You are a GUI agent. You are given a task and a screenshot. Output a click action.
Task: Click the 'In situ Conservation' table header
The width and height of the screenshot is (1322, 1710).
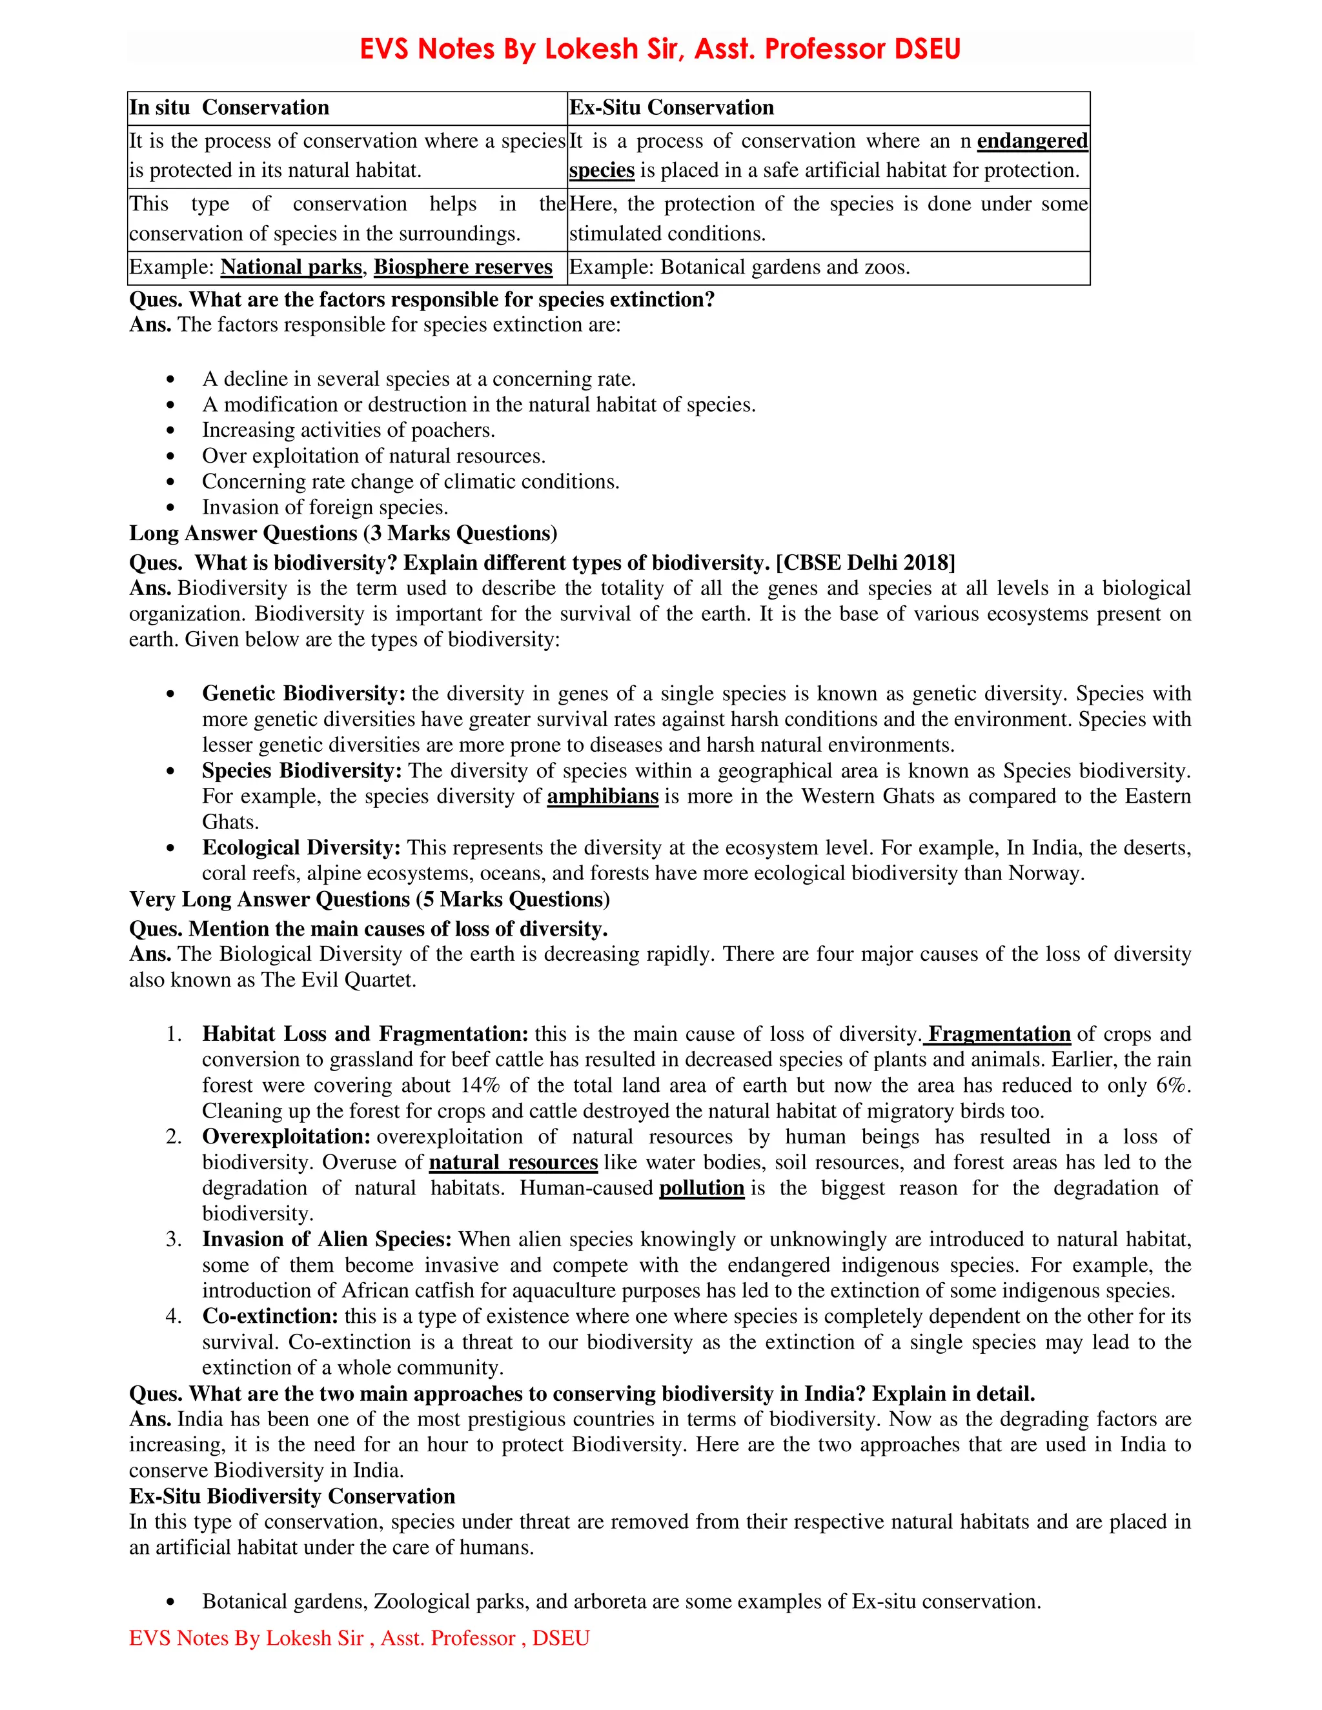pyautogui.click(x=229, y=107)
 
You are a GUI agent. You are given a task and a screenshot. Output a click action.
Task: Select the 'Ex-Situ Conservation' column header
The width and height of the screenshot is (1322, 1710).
pyautogui.click(x=671, y=107)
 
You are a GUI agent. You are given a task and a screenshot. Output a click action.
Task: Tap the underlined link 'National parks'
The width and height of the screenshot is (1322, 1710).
pyautogui.click(x=290, y=267)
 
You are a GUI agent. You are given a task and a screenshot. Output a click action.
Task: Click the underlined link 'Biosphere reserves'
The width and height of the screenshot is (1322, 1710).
pyautogui.click(x=463, y=267)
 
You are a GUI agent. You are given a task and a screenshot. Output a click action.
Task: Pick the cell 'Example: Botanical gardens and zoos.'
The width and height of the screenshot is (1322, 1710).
pyautogui.click(x=739, y=267)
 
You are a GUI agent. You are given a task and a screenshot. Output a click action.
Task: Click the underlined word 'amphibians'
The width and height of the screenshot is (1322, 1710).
pyautogui.click(x=602, y=796)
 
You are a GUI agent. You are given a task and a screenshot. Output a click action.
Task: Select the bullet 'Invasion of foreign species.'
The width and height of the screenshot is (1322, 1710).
pyautogui.click(x=325, y=507)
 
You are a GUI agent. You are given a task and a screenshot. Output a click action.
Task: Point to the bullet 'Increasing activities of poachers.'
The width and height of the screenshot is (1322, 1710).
pyautogui.click(x=349, y=430)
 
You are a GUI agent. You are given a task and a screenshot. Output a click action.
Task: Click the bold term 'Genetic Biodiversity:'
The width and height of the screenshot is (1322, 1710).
pyautogui.click(x=304, y=694)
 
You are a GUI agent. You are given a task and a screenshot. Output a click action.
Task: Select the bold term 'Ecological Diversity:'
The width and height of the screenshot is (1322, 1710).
pyautogui.click(x=301, y=848)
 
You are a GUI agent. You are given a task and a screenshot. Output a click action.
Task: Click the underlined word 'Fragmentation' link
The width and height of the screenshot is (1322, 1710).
pyautogui.click(x=999, y=1034)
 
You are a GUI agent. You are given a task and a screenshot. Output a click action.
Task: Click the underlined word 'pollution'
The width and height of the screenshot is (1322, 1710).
pyautogui.click(x=702, y=1189)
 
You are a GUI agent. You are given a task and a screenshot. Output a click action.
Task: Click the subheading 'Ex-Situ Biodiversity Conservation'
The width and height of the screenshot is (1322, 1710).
pyautogui.click(x=292, y=1496)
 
